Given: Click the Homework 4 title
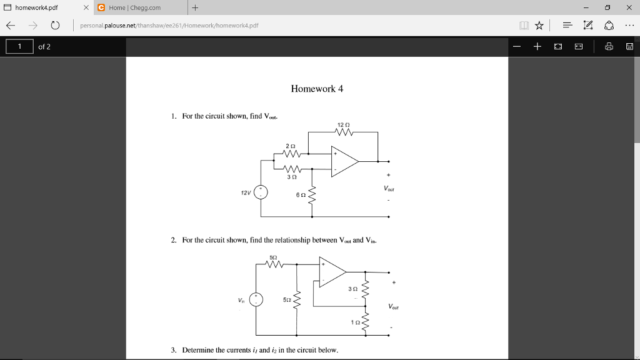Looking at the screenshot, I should (317, 89).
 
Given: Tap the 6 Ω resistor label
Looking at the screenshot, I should (301, 195).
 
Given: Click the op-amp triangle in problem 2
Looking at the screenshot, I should (332, 272).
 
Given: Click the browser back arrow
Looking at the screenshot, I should (10, 26).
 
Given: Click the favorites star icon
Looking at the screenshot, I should (538, 26).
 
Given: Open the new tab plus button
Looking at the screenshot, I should (195, 7).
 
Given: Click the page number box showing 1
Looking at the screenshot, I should (19, 47).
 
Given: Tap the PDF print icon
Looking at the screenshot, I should (609, 47).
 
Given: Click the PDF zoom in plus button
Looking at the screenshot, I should (537, 47).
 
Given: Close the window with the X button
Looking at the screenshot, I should (628, 7).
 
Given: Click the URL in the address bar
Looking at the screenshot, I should (169, 26).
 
